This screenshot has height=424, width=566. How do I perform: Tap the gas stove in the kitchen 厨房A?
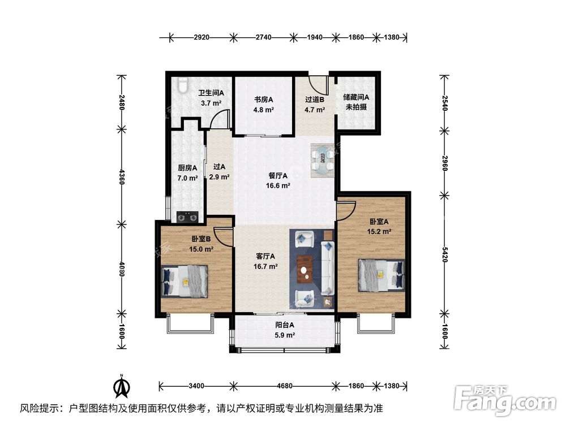187,215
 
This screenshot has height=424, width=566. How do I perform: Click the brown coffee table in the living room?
305,266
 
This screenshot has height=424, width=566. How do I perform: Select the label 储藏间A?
356,97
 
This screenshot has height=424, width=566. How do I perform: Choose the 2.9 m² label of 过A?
220,177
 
